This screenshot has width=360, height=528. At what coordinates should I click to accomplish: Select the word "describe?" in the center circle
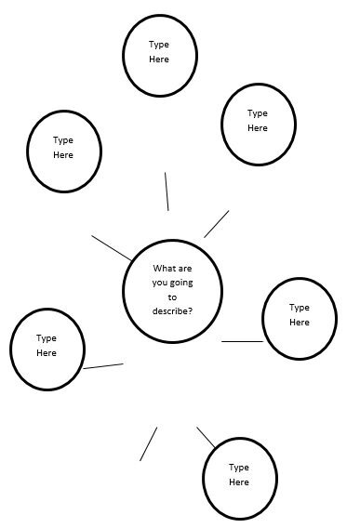click(172, 310)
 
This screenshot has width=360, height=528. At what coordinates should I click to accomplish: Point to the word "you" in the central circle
click(162, 283)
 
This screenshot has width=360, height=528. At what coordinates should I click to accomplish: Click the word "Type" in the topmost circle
click(159, 44)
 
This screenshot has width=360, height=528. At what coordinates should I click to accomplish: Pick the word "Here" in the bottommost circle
click(239, 482)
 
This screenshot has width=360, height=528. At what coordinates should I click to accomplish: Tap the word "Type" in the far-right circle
click(300, 307)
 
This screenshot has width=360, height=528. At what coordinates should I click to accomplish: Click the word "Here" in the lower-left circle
click(47, 353)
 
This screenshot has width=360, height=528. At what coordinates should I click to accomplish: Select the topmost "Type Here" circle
click(160, 54)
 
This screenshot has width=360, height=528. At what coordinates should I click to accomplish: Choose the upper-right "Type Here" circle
click(258, 123)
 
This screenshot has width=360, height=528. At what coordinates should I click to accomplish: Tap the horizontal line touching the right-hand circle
click(242, 342)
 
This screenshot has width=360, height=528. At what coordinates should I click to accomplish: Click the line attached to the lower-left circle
click(103, 366)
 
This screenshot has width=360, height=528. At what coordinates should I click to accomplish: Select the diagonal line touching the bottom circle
click(207, 437)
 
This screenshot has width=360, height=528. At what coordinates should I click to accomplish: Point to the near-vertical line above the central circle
click(167, 191)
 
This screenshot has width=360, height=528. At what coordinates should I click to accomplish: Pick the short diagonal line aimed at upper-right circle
click(216, 224)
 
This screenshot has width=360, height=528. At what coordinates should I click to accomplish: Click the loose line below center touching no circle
click(148, 444)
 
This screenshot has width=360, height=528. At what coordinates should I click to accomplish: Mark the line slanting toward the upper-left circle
click(111, 247)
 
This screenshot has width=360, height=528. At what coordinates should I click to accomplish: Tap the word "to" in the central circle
click(172, 297)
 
